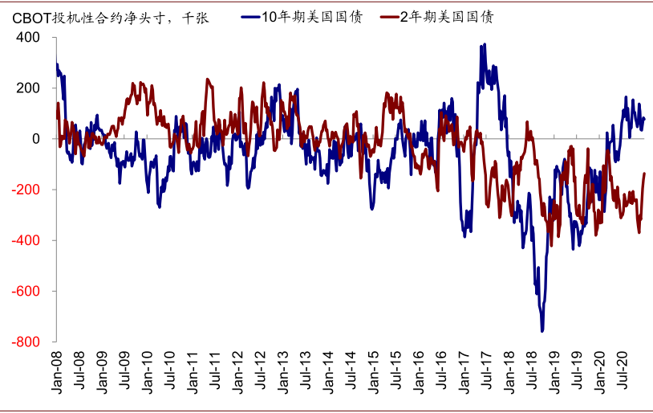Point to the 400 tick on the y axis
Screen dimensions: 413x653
pyautogui.click(x=29, y=37)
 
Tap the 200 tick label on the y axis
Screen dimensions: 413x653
pyautogui.click(x=29, y=88)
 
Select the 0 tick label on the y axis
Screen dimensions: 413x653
pyautogui.click(x=35, y=138)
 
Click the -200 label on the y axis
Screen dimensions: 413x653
pyautogui.click(x=26, y=190)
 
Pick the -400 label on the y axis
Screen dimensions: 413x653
pyautogui.click(x=26, y=240)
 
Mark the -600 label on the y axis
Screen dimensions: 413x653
pyautogui.click(x=26, y=291)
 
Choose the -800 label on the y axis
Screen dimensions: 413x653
pyautogui.click(x=26, y=341)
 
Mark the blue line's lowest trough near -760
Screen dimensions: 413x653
pyautogui.click(x=542, y=330)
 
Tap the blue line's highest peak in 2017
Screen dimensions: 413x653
pyautogui.click(x=483, y=46)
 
